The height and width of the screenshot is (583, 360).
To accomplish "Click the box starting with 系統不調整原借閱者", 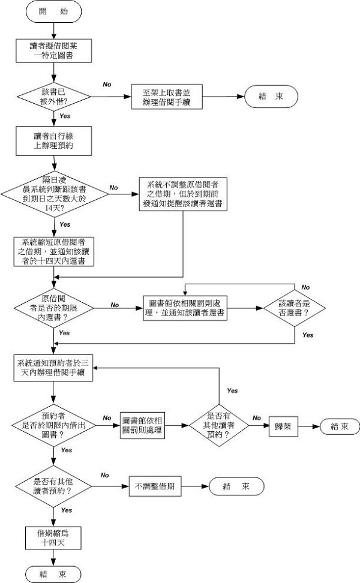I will click(182, 193).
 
